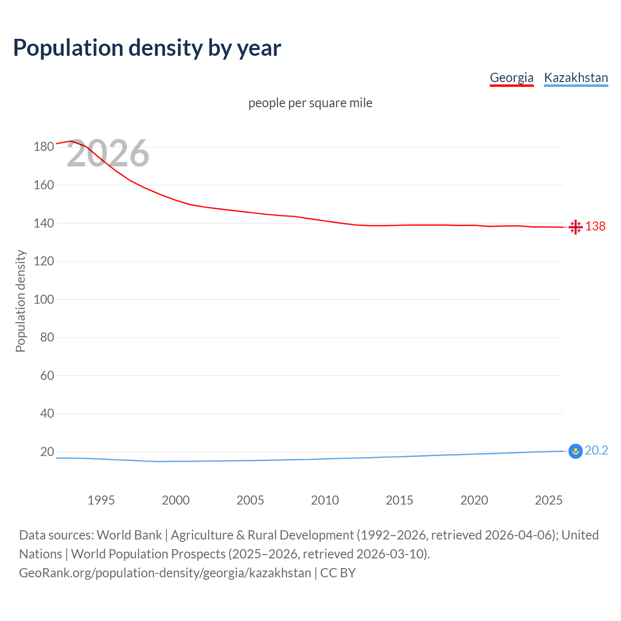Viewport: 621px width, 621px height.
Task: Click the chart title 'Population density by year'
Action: (147, 48)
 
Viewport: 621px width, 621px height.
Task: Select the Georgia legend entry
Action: (511, 78)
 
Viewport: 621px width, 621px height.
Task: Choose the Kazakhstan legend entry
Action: (576, 78)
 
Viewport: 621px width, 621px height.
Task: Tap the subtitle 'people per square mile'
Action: (310, 103)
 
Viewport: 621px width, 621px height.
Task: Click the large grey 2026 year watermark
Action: (108, 154)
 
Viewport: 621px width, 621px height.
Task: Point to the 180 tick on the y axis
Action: (44, 147)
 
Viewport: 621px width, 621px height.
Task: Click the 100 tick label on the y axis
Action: (44, 299)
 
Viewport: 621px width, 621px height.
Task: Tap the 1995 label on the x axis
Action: (101, 500)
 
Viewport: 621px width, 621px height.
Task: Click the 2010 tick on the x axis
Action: (325, 500)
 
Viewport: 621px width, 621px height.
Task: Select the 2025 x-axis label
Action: (549, 500)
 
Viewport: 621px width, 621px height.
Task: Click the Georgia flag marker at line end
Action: (575, 227)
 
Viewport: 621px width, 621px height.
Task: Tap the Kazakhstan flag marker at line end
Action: (575, 451)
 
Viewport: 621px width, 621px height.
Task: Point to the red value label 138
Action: (595, 227)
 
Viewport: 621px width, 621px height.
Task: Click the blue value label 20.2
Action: (596, 451)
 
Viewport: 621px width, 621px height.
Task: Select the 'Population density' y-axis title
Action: (20, 301)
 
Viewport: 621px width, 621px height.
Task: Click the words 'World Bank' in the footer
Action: (129, 535)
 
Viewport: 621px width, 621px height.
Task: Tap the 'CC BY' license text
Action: (338, 573)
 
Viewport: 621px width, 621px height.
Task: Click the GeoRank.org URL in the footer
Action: (165, 573)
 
